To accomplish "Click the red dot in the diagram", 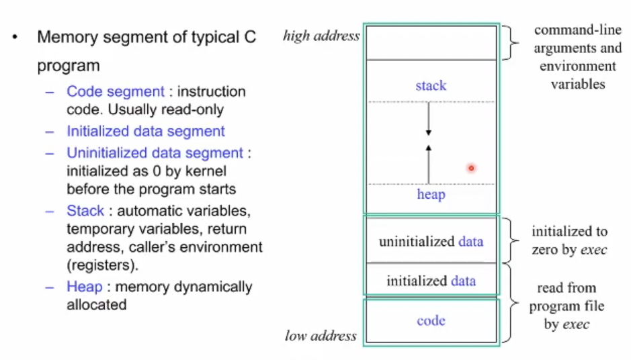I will pyautogui.click(x=471, y=168).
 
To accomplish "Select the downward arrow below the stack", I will pyautogui.click(x=428, y=123).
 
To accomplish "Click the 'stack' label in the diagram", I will pyautogui.click(x=431, y=85).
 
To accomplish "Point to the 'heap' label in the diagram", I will pyautogui.click(x=431, y=194).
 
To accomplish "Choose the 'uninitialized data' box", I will pyautogui.click(x=431, y=241).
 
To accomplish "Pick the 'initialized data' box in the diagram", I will pyautogui.click(x=431, y=281).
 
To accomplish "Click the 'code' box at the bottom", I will pyautogui.click(x=431, y=320).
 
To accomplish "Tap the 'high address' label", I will pyautogui.click(x=321, y=36).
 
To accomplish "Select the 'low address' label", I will pyautogui.click(x=321, y=335).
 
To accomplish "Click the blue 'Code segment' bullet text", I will pyautogui.click(x=115, y=91).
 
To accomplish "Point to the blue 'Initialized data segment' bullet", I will pyautogui.click(x=145, y=132).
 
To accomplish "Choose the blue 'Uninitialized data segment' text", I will pyautogui.click(x=155, y=153).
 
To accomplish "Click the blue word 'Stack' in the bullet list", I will pyautogui.click(x=85, y=211).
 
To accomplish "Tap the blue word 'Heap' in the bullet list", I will pyautogui.click(x=85, y=287).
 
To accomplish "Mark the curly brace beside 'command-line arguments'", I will pyautogui.click(x=514, y=43).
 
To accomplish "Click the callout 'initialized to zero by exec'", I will pyautogui.click(x=569, y=240).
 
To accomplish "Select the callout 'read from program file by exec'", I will pyautogui.click(x=566, y=306).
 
